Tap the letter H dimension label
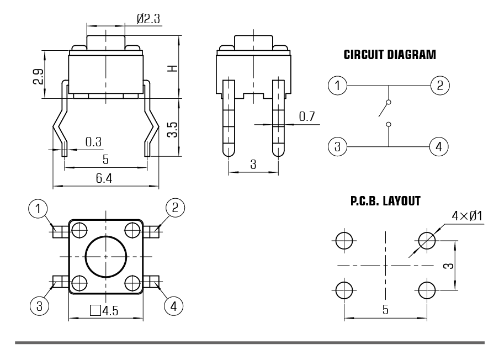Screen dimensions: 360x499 [173, 68]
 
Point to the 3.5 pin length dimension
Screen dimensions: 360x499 [173, 130]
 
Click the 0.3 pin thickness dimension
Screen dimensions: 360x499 [93, 141]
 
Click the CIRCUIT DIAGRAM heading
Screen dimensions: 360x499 [390, 55]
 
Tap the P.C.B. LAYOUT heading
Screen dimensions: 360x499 [385, 202]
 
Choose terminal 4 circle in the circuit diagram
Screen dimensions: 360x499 [439, 147]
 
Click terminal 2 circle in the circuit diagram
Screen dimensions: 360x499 [439, 86]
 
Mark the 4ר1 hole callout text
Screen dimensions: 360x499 [467, 216]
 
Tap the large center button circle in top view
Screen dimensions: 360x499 [106, 256]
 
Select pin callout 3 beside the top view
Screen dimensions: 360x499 [38, 304]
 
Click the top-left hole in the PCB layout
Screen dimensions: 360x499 [343, 240]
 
